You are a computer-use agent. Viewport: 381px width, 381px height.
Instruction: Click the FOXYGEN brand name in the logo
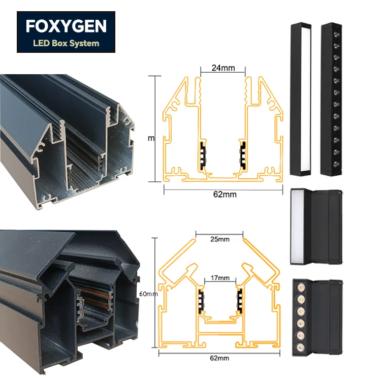[66, 26]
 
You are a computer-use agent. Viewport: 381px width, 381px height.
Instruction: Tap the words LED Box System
[66, 43]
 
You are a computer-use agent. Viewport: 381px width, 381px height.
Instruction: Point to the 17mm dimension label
[220, 278]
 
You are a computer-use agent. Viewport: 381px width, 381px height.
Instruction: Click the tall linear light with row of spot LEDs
[332, 99]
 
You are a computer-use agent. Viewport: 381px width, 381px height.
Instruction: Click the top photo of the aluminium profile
[69, 140]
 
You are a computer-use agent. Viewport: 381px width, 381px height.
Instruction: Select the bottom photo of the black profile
[69, 300]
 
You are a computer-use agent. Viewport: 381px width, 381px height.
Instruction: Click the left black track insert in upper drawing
[203, 156]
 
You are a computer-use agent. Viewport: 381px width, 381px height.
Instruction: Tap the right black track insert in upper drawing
[242, 156]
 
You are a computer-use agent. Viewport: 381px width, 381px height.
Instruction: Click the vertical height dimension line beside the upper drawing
[154, 129]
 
